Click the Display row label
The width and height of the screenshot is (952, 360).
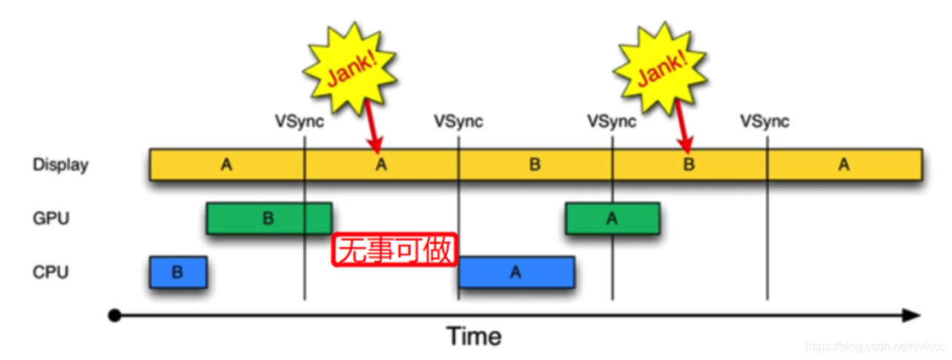[x=60, y=164]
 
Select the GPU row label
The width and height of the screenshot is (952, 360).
[x=50, y=219]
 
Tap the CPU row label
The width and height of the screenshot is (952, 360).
[x=50, y=272]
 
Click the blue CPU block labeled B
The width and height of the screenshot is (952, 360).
[x=178, y=272]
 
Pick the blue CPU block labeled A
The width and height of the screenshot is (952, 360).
[x=516, y=272]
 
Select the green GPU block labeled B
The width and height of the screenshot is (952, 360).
[x=268, y=219]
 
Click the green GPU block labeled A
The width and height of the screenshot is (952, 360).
[x=612, y=219]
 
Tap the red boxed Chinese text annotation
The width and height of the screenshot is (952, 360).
[x=394, y=250]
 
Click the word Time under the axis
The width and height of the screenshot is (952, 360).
[x=475, y=337]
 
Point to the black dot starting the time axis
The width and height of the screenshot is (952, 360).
[x=114, y=316]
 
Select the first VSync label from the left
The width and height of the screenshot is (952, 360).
[x=300, y=121]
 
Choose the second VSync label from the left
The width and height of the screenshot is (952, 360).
[x=458, y=121]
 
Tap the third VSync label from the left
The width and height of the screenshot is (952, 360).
[x=612, y=121]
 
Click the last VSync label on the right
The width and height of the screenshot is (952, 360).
[x=764, y=121]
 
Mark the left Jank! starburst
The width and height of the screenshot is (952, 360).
[x=350, y=68]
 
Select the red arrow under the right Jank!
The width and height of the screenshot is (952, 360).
[x=684, y=128]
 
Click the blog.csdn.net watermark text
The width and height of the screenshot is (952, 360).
[x=873, y=347]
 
